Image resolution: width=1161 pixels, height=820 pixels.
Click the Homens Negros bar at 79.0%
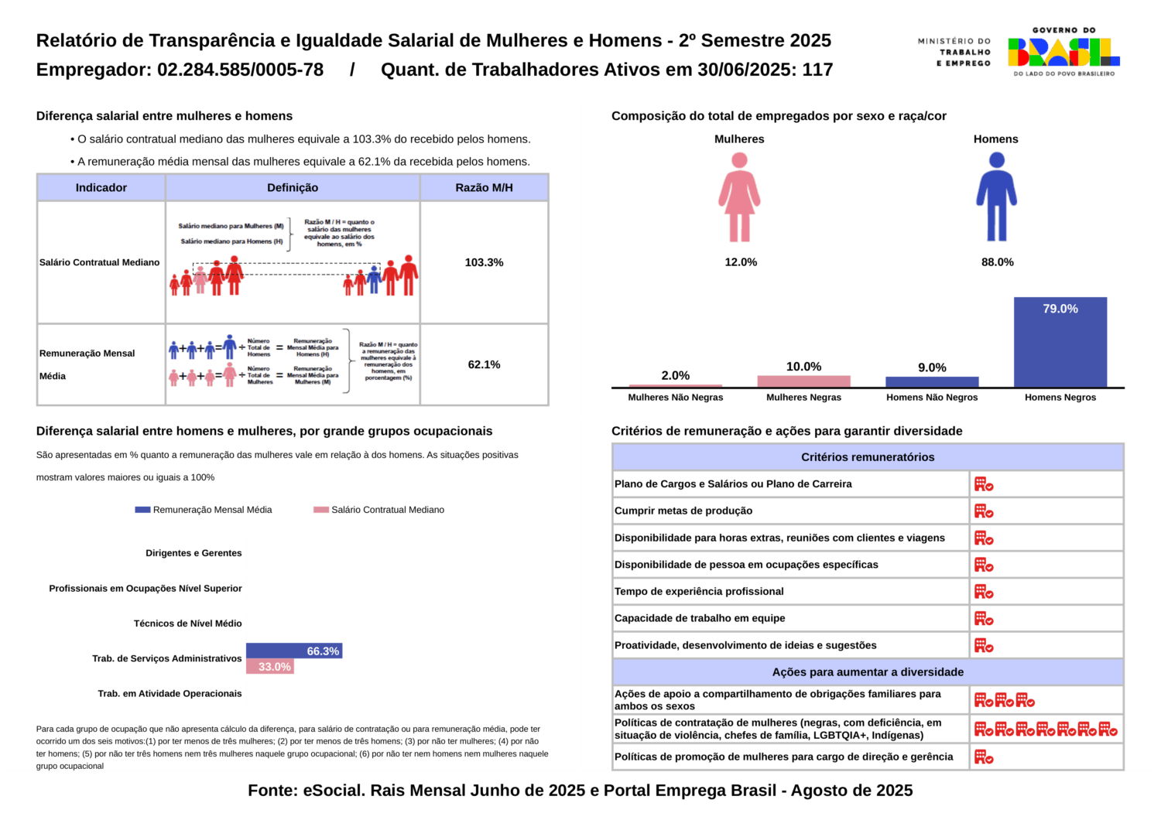[1060, 342]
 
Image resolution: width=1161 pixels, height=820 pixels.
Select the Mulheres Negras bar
[803, 381]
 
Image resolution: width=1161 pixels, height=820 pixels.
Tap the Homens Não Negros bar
[932, 382]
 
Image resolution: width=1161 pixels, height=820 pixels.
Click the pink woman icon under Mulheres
[739, 197]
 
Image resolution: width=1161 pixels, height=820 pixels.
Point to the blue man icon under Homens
[996, 197]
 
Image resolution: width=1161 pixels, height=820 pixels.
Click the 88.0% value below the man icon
[997, 262]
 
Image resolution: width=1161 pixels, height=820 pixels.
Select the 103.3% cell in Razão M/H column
[484, 262]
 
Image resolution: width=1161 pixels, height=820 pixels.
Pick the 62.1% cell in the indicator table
[484, 364]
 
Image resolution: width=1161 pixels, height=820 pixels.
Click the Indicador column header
[101, 187]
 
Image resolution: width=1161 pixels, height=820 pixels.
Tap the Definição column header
[293, 187]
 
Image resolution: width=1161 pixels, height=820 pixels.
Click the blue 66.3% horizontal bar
[294, 651]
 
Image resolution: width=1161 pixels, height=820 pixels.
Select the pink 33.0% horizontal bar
[270, 667]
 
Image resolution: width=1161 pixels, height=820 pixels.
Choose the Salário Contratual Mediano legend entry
[379, 510]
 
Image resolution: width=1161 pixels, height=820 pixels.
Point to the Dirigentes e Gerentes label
[193, 553]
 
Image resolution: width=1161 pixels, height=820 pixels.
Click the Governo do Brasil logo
[1063, 52]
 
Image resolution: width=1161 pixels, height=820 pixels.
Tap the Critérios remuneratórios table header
[868, 457]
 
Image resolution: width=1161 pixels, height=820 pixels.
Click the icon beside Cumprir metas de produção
[984, 511]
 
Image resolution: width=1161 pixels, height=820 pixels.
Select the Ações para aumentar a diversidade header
[868, 672]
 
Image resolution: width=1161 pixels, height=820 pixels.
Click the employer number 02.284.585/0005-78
[240, 70]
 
